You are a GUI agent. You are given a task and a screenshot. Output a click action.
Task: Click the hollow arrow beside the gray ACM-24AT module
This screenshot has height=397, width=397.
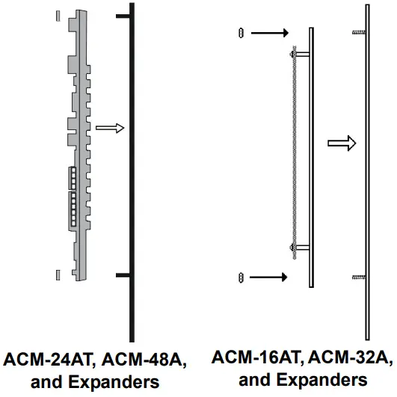pyautogui.click(x=109, y=128)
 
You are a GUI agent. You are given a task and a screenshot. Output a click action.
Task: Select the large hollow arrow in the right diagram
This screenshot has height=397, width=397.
pyautogui.click(x=342, y=143)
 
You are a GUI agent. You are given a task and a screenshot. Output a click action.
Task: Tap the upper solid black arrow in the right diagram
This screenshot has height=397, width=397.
pyautogui.click(x=269, y=33)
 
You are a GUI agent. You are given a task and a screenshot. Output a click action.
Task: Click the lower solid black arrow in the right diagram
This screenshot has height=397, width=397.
pyautogui.click(x=269, y=277)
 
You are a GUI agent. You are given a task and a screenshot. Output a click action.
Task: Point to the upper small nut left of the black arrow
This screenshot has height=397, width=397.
pyautogui.click(x=240, y=33)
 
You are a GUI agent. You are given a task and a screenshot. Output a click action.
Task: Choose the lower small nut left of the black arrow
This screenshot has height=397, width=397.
pyautogui.click(x=240, y=277)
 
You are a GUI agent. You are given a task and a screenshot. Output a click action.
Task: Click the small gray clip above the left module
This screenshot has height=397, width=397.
pyautogui.click(x=58, y=14)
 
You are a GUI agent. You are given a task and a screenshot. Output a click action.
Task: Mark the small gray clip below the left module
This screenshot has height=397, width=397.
pyautogui.click(x=58, y=274)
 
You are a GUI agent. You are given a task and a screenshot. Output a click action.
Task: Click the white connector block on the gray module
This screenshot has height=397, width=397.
pyautogui.click(x=73, y=197)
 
